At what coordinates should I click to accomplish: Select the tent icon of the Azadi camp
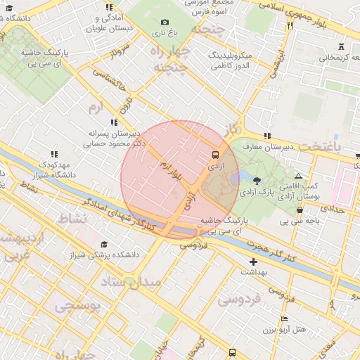point(298,176)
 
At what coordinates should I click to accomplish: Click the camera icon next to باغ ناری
point(165,22)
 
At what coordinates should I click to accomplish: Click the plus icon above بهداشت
point(254,262)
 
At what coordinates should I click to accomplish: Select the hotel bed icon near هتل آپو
point(284,319)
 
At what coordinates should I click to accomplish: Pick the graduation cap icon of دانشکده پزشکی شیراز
point(105,243)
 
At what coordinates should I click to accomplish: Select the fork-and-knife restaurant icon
point(289,26)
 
